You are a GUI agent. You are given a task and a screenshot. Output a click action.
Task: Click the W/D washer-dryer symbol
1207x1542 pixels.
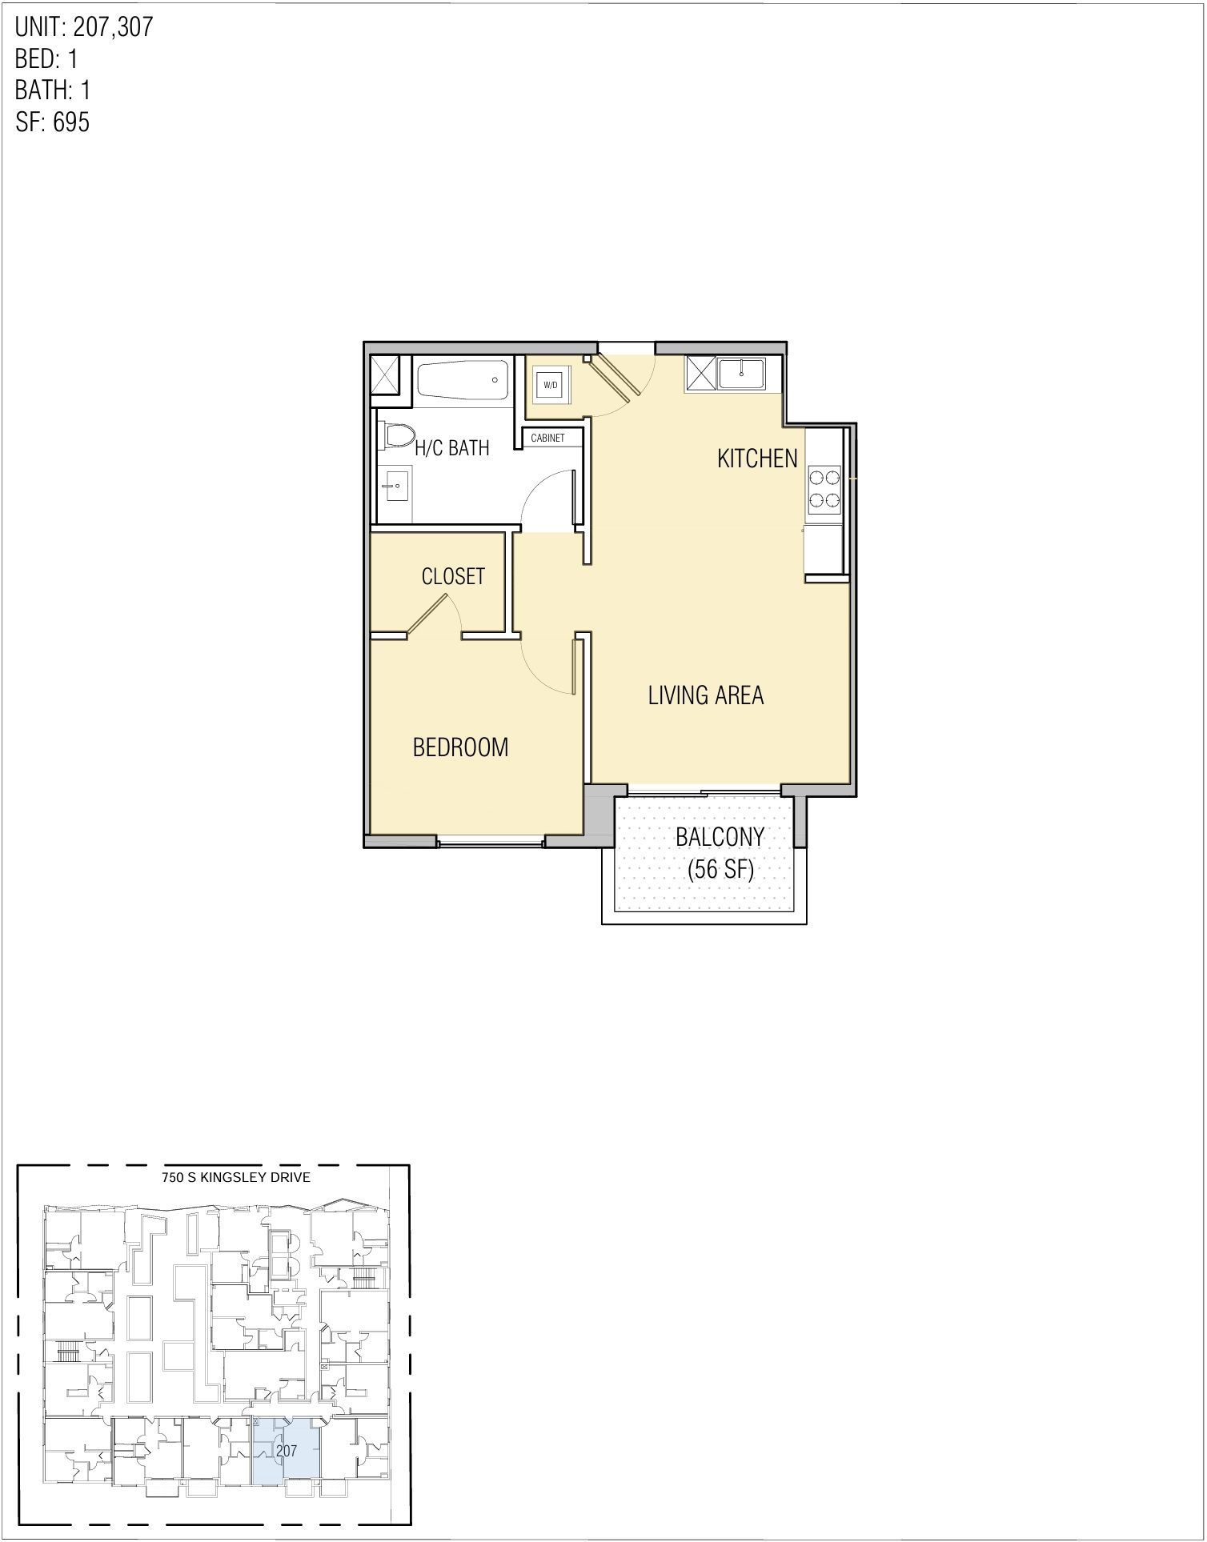551,385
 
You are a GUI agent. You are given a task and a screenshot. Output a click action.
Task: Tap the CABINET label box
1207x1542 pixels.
548,439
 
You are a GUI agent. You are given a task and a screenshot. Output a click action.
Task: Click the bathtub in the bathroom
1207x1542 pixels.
462,382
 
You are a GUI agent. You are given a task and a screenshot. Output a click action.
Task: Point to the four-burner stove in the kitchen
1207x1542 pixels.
824,489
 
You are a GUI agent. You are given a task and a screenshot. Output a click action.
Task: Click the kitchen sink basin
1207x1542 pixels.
742,374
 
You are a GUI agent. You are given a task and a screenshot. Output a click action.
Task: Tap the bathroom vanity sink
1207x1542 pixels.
395,485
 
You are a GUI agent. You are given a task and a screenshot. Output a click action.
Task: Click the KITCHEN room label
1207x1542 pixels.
757,459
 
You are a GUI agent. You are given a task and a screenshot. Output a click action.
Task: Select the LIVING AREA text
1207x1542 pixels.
706,695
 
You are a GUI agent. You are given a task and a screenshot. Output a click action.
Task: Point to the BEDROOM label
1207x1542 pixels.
460,747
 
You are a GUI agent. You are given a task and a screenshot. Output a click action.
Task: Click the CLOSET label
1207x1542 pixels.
453,576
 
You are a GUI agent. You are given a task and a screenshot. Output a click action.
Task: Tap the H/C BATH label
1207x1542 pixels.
452,448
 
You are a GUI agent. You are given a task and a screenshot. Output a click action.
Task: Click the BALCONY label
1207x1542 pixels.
720,837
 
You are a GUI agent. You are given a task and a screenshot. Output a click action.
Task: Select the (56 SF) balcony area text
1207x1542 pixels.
720,870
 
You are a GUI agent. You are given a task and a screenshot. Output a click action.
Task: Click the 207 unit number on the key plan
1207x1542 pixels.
286,1451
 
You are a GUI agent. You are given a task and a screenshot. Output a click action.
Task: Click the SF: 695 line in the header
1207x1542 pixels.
53,122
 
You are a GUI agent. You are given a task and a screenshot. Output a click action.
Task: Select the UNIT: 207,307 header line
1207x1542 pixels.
84,27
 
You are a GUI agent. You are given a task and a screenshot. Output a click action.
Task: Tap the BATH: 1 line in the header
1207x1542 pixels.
53,90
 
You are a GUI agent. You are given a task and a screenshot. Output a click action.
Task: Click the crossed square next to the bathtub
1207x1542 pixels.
391,376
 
